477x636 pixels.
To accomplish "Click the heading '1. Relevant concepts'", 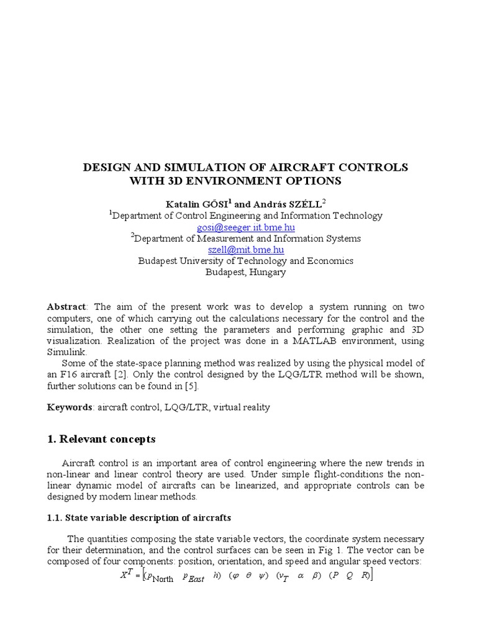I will coord(101,439).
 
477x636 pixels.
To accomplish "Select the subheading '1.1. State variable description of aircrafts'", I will coord(139,517).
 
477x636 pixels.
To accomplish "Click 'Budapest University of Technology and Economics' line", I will coord(246,261).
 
